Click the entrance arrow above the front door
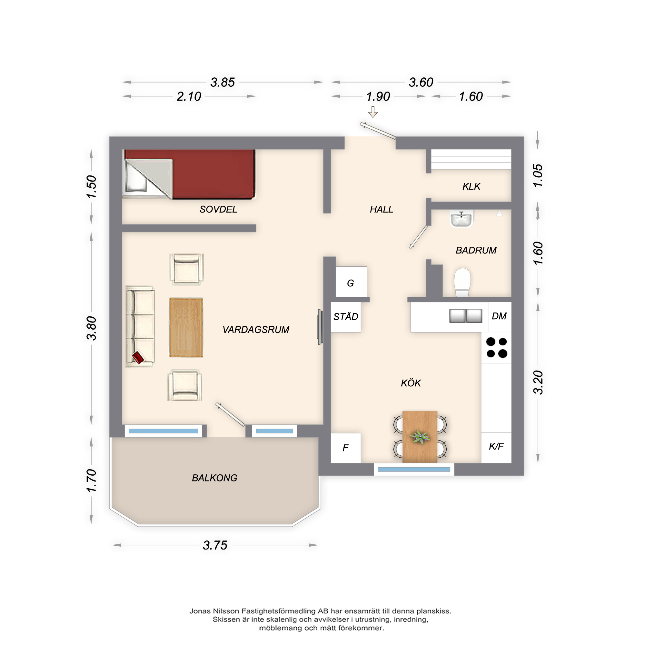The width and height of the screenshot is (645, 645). (373, 112)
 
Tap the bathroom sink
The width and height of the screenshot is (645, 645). (461, 219)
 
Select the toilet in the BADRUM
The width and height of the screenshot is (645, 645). (462, 282)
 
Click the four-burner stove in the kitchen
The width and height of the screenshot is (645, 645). (496, 348)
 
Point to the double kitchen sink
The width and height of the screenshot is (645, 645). (465, 316)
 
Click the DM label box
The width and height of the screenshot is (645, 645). (499, 316)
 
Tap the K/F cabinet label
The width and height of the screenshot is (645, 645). (496, 446)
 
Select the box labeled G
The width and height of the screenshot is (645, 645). (351, 283)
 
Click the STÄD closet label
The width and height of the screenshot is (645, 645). (346, 316)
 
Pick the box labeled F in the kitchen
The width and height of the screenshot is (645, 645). (345, 448)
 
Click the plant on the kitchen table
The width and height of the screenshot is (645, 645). (420, 437)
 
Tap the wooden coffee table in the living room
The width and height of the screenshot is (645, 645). (186, 328)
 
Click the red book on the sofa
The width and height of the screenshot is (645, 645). (138, 358)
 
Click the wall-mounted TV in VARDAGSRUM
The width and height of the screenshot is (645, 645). (320, 327)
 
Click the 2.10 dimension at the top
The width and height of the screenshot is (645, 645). (189, 96)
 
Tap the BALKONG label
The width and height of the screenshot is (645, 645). (214, 478)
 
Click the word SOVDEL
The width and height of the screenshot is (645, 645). (218, 209)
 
